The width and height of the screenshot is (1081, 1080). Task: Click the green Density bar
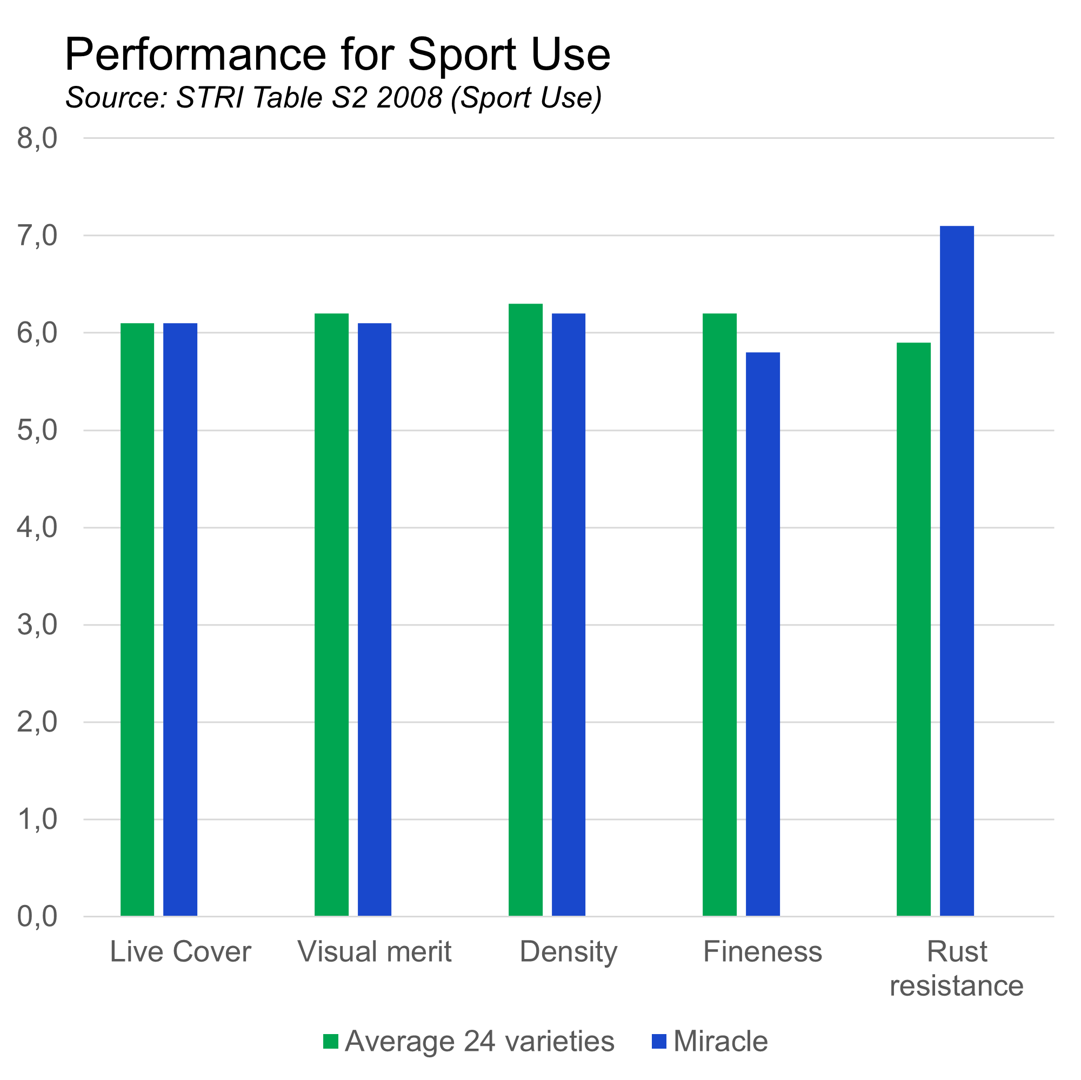(x=525, y=609)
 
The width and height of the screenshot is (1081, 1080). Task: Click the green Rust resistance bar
(x=913, y=629)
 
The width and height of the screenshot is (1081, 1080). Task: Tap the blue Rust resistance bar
(x=957, y=571)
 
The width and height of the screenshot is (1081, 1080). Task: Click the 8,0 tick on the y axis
(x=37, y=138)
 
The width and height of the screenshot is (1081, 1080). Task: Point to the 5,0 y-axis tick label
(x=37, y=431)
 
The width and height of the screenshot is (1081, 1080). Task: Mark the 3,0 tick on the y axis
(x=37, y=625)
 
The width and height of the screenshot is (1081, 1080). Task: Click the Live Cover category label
(x=180, y=952)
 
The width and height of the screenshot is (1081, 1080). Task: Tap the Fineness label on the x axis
(x=763, y=952)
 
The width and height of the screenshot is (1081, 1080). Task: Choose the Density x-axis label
(x=569, y=952)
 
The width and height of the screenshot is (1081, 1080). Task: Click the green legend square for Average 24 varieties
(x=331, y=1042)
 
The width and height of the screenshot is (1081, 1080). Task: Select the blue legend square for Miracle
(x=659, y=1042)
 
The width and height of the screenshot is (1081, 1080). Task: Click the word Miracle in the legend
(x=720, y=1042)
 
